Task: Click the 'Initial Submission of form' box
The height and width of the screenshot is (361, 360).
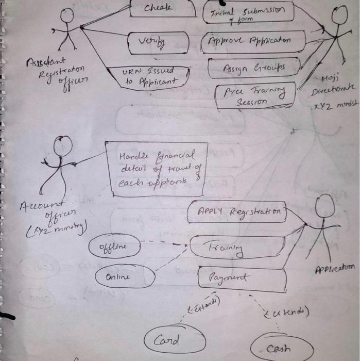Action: (x=252, y=12)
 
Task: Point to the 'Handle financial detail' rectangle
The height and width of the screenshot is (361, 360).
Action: (x=156, y=169)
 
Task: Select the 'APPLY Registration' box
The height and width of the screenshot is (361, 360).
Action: (x=237, y=212)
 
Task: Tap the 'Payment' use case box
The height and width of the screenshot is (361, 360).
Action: (x=242, y=279)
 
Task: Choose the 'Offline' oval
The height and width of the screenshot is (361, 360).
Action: (x=114, y=247)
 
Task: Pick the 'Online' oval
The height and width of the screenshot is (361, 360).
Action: (x=125, y=277)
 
